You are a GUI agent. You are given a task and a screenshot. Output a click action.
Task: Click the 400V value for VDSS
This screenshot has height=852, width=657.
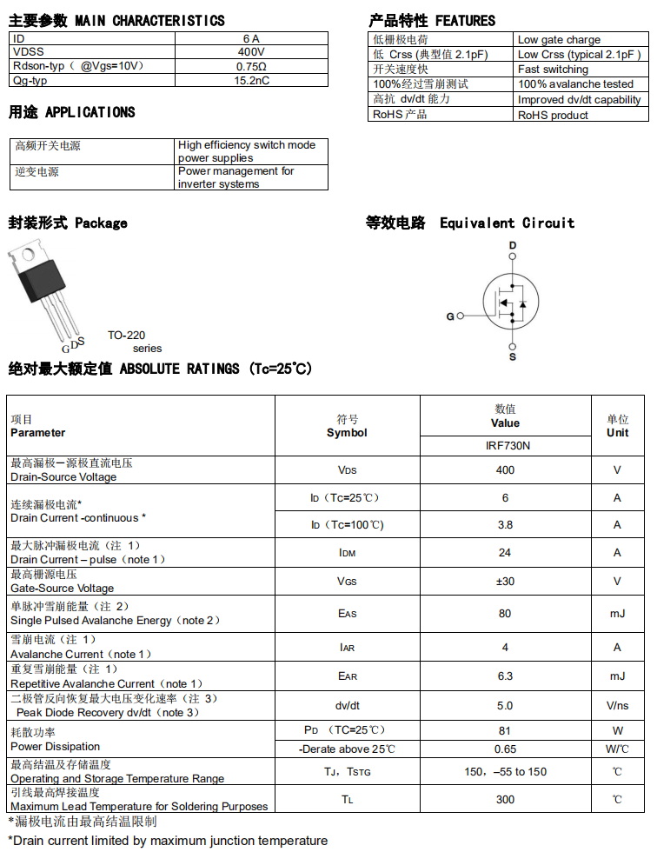point(251,52)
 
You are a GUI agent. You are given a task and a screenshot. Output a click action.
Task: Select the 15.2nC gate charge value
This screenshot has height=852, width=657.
point(251,80)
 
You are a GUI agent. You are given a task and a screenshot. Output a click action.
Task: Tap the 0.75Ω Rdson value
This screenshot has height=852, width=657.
point(251,66)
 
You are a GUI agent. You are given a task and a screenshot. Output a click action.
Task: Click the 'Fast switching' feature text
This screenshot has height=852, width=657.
point(553,70)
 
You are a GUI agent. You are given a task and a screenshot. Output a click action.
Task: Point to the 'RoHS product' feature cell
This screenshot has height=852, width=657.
point(553,115)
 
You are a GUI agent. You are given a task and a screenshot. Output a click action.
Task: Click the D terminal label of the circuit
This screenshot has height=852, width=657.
point(513,246)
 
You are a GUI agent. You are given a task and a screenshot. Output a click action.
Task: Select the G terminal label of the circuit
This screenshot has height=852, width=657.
point(450,316)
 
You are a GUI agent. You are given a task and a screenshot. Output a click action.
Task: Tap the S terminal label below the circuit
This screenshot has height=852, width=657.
point(513,356)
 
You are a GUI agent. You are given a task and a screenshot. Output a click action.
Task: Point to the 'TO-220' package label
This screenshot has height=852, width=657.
point(127,335)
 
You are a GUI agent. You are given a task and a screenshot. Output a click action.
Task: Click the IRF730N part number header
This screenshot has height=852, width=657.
point(506,445)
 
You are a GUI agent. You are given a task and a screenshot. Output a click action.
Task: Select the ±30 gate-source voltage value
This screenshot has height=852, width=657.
point(506,581)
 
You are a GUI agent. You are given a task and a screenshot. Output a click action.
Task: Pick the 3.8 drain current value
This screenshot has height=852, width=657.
point(506,524)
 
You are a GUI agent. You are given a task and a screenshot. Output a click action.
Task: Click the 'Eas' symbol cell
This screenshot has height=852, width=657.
point(347,614)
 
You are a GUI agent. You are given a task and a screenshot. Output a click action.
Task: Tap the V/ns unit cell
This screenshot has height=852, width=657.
point(617,705)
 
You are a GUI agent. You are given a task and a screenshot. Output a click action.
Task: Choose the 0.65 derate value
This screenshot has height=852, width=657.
point(506,749)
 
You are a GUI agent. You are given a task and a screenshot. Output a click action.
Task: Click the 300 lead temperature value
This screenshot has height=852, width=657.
point(506,799)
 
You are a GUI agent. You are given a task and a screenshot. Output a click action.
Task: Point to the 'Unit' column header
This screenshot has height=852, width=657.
point(617,432)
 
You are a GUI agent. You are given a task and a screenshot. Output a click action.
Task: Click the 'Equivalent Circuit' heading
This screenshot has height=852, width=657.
point(507,223)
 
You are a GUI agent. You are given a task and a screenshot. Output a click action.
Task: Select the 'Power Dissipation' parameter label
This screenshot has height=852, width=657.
point(55,746)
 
